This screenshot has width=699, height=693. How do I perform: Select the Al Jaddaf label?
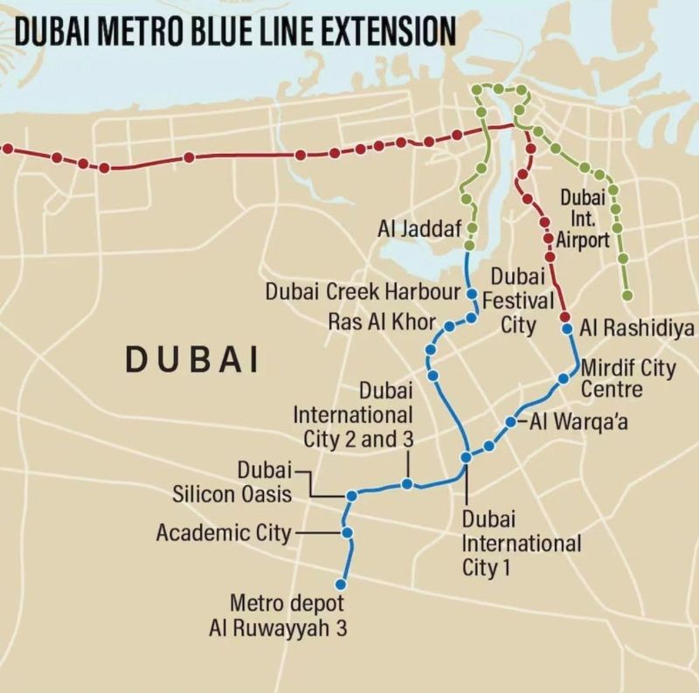point(419,230)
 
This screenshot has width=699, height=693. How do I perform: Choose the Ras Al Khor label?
point(381,321)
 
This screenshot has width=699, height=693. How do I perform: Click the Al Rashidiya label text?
point(637,329)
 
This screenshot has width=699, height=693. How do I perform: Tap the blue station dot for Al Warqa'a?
point(510,423)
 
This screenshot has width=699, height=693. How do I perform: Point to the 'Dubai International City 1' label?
point(521,543)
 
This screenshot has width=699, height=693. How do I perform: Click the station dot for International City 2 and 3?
point(407,483)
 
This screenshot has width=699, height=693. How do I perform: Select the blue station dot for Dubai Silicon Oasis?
point(351,495)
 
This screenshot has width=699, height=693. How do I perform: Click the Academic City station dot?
point(347,532)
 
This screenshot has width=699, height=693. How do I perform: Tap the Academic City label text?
point(223,532)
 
